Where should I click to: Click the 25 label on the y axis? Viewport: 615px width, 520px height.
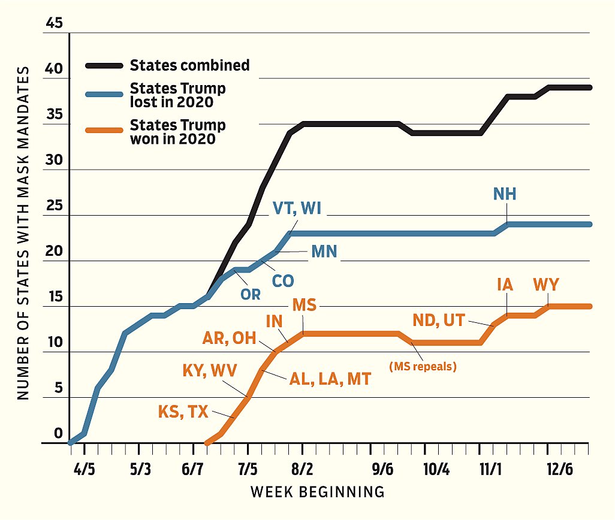pos(53,206)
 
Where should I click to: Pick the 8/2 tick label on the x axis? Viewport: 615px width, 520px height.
pos(302,469)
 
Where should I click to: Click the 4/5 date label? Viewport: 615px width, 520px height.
pos(85,469)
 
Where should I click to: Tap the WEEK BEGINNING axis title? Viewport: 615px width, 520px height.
pos(317,492)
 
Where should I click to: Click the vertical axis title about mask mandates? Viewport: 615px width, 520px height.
pos(23,233)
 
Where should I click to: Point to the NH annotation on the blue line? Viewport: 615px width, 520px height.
pos(505,194)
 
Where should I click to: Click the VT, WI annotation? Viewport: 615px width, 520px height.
pos(298,208)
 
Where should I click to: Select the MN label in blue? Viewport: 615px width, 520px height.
pos(324,252)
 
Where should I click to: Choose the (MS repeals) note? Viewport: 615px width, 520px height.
pos(422,366)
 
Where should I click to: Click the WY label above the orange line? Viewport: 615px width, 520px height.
pos(545,285)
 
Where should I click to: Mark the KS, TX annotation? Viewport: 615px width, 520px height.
pos(183,412)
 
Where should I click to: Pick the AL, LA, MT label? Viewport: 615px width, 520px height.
pos(331,378)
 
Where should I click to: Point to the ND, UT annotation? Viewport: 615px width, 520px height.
pos(439,320)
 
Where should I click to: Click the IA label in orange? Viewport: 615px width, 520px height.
pos(505,285)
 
